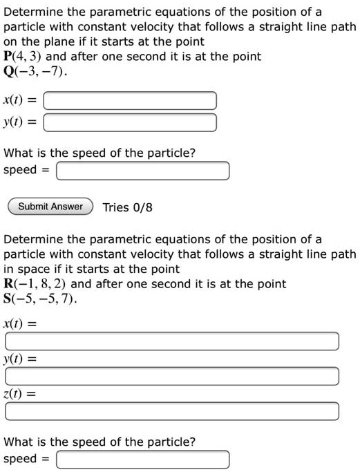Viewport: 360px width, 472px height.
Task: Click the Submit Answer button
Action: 50,207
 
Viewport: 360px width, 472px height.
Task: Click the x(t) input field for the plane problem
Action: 131,101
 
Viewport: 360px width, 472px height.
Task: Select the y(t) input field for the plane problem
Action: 131,123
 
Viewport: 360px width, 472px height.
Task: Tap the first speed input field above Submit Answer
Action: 142,171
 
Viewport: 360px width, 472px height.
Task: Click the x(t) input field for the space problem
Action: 172,341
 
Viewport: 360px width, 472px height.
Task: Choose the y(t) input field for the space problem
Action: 172,377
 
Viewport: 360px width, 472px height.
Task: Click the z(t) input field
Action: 172,411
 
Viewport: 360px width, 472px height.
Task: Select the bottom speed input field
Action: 142,460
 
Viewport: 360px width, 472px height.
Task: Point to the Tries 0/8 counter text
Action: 126,207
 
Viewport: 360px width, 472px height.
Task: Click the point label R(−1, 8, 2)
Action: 35,284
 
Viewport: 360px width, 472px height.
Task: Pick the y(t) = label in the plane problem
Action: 20,123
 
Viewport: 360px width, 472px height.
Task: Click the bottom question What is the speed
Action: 100,442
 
